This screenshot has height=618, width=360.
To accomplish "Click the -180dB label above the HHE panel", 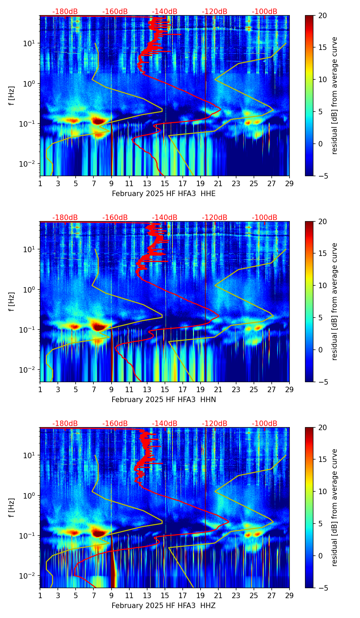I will pos(65,12).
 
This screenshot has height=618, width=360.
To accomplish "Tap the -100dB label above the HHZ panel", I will pos(265,424).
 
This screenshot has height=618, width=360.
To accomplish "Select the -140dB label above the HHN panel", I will pos(165,218).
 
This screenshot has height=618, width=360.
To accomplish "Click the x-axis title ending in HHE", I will pos(164,194).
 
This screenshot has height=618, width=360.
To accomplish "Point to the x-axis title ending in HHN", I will pos(164,400).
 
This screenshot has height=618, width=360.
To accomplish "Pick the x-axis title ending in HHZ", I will pos(164,606).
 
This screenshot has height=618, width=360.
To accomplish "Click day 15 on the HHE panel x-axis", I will pos(165,183).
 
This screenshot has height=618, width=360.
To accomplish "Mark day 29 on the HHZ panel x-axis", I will pos(289,595).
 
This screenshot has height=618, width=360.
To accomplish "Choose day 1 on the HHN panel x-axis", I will pos(40,389).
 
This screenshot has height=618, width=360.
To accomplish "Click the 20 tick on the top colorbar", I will pos(322,15).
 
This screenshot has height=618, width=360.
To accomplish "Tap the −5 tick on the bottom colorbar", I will pos(322,588).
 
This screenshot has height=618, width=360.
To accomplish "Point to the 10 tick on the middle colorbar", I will pos(322,285).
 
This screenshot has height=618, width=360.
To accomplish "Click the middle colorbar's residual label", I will pos(335,301).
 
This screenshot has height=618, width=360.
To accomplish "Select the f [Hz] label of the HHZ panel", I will pos(12,507).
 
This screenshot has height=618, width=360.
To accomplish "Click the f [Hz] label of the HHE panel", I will pos(12,95).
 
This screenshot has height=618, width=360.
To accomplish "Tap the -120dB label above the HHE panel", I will pos(215,12).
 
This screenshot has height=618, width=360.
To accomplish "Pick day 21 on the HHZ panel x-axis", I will pos(218,595).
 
